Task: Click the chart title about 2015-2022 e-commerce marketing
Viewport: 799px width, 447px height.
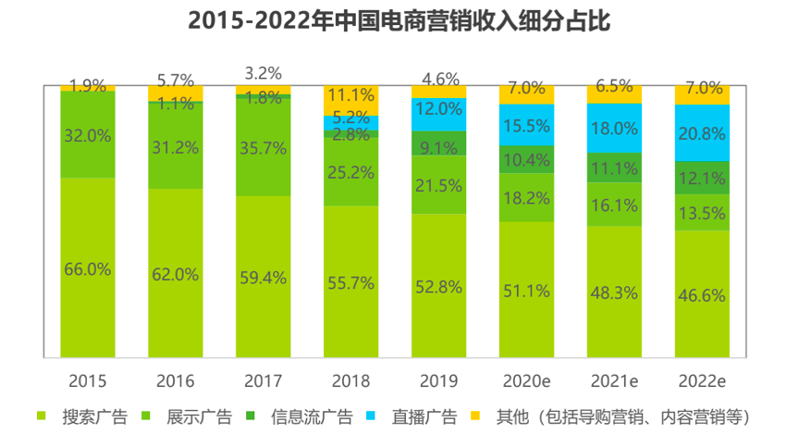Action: point(399,21)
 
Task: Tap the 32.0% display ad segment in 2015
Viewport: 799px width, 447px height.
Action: point(88,135)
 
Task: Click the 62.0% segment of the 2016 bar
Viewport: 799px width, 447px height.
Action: point(176,273)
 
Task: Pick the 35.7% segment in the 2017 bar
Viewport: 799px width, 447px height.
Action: point(263,146)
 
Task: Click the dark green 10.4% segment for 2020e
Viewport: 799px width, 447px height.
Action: point(526,159)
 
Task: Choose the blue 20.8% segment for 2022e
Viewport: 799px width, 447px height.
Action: point(702,132)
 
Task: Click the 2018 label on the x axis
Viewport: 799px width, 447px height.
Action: point(350,380)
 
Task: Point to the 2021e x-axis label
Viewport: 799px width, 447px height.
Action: point(614,380)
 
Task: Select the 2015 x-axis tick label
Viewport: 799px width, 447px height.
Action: point(88,380)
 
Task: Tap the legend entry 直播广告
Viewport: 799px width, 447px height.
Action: point(424,416)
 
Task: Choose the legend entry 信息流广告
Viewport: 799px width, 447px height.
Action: point(312,416)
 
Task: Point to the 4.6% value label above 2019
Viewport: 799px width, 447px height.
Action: point(439,80)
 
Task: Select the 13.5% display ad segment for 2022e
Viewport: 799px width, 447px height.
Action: point(702,211)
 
